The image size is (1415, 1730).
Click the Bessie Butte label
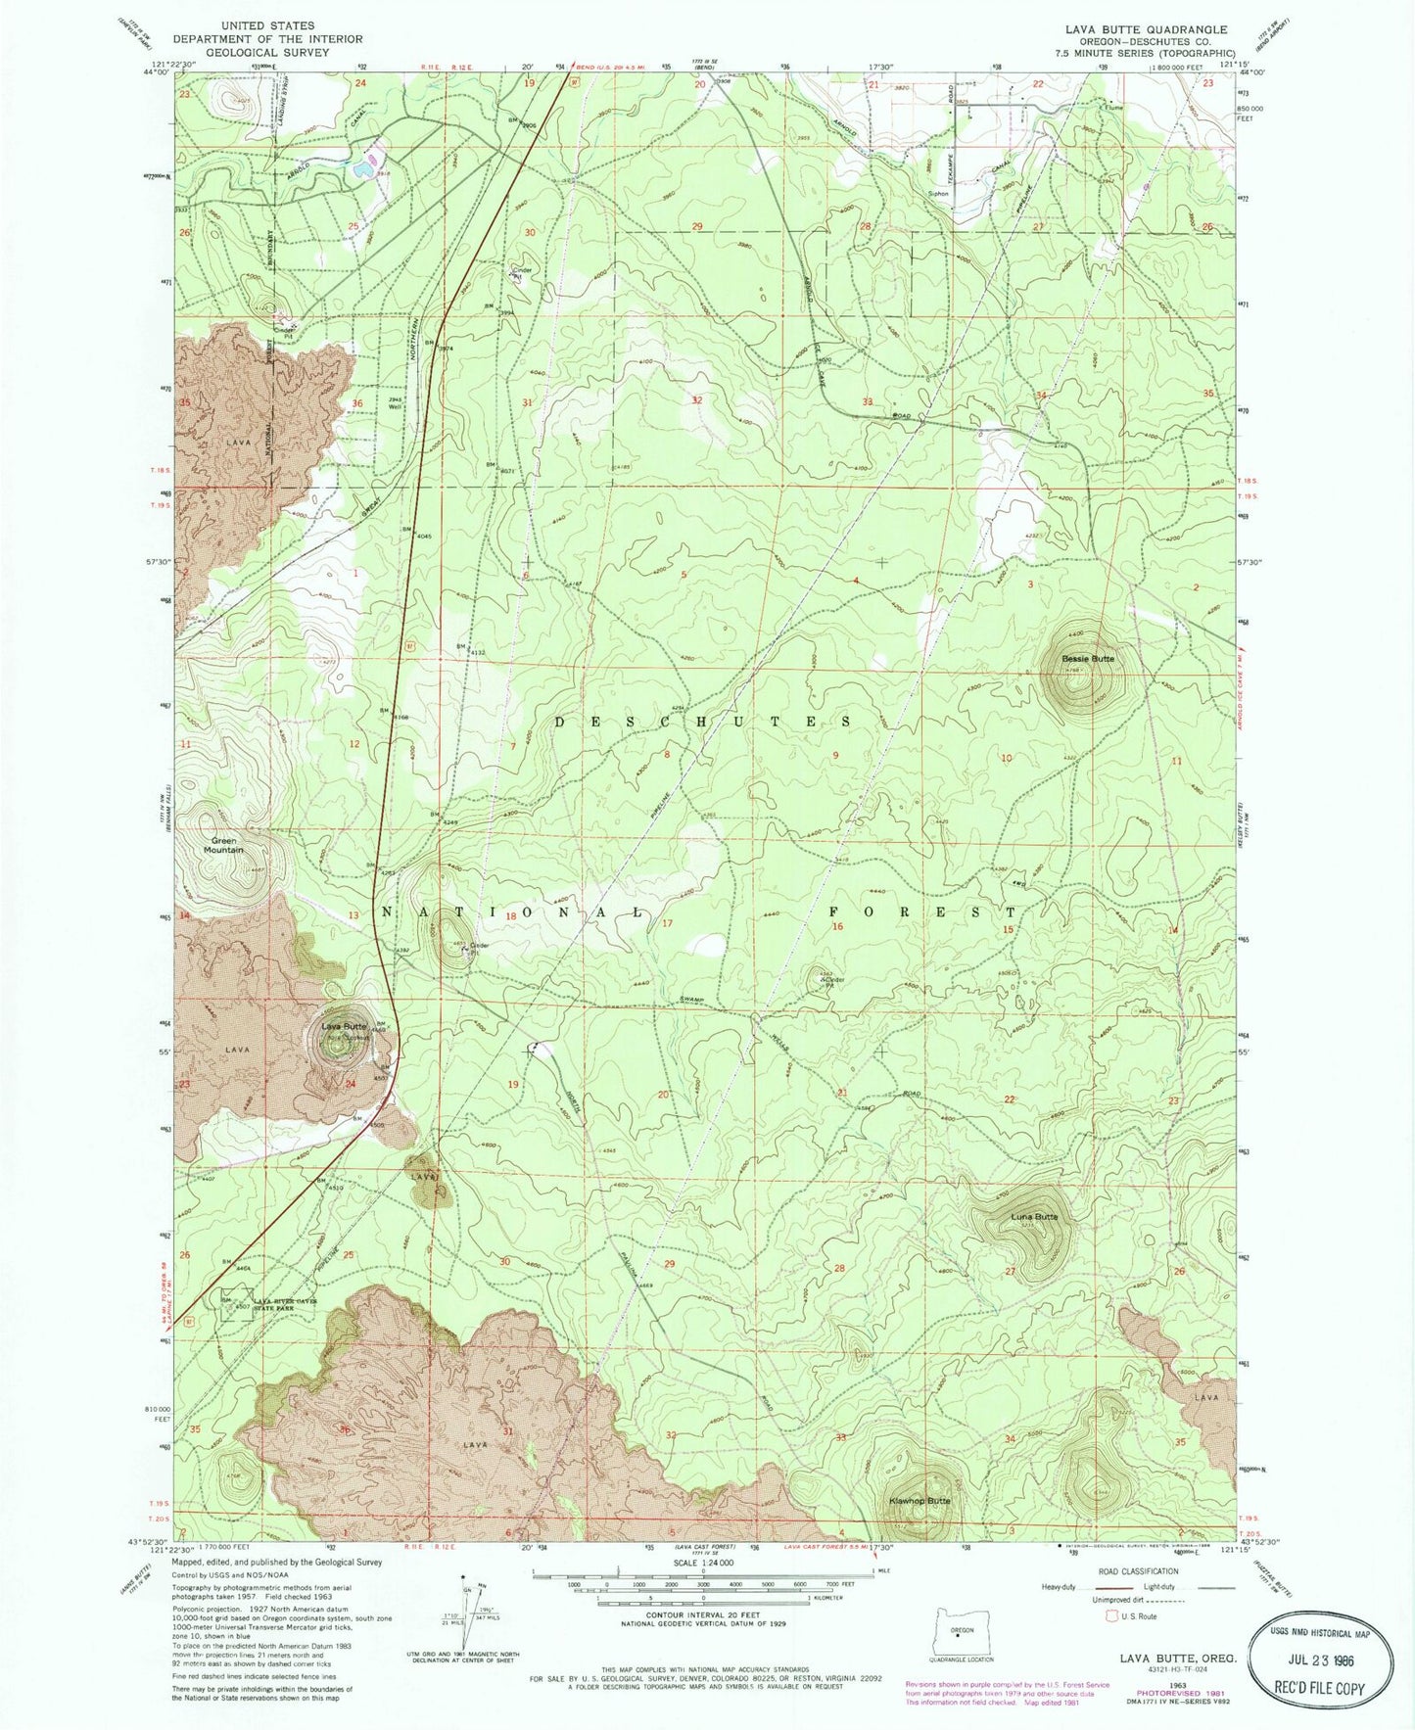click(x=1088, y=659)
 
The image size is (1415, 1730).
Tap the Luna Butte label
click(x=1034, y=1217)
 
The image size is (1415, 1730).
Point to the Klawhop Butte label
click(x=919, y=1500)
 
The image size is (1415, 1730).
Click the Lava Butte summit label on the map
click(x=344, y=1026)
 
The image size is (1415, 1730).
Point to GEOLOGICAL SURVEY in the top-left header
click(x=267, y=53)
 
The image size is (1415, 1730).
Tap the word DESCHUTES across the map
click(x=703, y=722)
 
